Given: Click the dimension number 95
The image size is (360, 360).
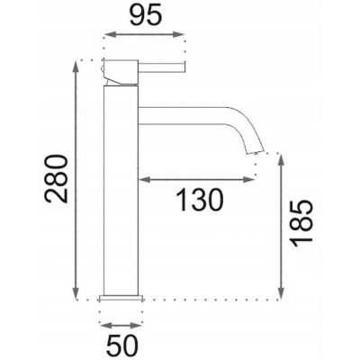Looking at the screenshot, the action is click(x=146, y=15).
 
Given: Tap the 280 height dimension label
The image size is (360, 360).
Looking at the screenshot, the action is click(x=56, y=179).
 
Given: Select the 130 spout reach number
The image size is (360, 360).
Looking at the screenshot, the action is click(x=200, y=200).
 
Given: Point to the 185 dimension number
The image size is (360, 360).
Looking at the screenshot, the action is click(x=302, y=223).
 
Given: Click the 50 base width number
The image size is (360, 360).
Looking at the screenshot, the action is click(x=122, y=346).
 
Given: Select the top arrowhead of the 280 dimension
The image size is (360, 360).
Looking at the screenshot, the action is click(x=75, y=67).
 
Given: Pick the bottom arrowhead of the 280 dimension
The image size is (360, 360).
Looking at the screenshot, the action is click(x=75, y=292).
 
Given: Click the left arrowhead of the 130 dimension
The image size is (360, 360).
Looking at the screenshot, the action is click(x=144, y=180).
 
